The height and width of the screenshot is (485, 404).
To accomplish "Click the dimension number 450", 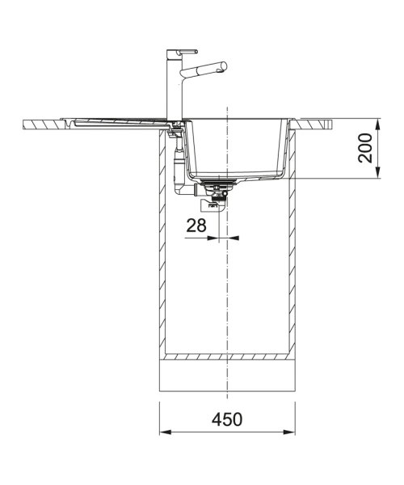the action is pos(227,420).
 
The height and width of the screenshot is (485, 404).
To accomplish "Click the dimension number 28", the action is pos(196,226).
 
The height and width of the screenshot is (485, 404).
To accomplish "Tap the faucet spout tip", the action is pos(224,67).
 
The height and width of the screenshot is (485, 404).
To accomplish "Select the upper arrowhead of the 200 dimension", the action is pos(377,124).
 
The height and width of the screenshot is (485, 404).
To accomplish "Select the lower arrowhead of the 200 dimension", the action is pos(377,172).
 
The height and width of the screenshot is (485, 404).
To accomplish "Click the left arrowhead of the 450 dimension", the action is pos(166,432).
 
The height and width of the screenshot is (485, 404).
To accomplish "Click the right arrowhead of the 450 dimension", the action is pos(289,432).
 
